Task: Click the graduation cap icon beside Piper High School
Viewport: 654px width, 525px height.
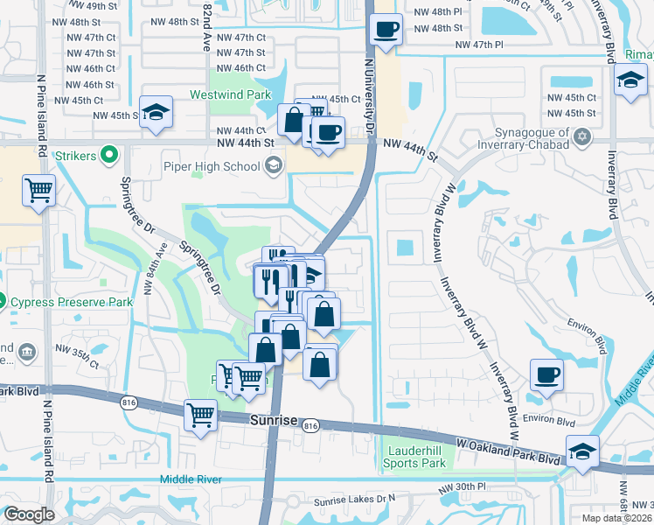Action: tap(274, 165)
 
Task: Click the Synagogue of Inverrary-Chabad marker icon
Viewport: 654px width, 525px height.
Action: tap(583, 137)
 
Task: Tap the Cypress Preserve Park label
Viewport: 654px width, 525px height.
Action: tap(71, 302)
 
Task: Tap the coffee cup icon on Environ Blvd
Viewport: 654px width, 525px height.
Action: tap(547, 374)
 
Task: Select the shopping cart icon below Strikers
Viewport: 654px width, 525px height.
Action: tap(38, 190)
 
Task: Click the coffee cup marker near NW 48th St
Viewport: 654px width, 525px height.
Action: tap(385, 29)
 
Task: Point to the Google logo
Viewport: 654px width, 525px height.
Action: tap(29, 514)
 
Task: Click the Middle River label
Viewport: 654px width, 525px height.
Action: tap(191, 479)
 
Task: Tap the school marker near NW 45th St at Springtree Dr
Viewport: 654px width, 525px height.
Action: tap(156, 111)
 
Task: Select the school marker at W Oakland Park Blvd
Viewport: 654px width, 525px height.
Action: tap(582, 451)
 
